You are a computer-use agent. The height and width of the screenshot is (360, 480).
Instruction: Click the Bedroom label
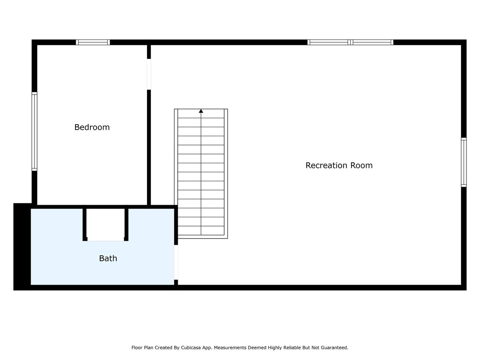tap(92, 127)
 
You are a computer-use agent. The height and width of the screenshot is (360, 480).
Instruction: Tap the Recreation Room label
tap(339, 165)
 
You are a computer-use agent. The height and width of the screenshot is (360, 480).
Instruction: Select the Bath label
tap(108, 258)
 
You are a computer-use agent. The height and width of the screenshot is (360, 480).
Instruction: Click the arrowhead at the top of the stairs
tap(201, 111)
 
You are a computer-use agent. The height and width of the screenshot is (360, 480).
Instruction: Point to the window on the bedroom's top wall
tap(93, 42)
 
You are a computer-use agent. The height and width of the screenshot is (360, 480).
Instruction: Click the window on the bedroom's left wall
tap(34, 131)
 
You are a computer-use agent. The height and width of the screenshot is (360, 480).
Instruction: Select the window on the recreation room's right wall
tap(463, 162)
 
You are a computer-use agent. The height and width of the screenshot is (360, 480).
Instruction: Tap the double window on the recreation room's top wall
tap(350, 42)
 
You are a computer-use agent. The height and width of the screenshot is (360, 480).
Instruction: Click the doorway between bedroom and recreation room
tap(149, 74)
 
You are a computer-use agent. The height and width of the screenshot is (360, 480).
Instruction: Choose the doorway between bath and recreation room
tap(176, 262)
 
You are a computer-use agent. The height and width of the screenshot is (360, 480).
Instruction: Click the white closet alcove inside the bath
tap(105, 225)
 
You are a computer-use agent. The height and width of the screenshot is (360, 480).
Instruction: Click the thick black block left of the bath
tap(22, 246)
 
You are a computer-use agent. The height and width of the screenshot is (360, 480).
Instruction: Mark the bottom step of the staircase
tap(201, 230)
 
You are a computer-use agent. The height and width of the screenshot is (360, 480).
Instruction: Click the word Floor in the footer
tap(136, 347)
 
